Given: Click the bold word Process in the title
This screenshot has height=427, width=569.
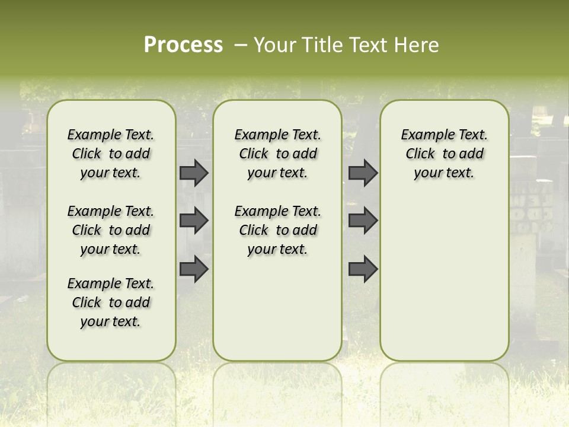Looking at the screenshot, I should (x=183, y=45).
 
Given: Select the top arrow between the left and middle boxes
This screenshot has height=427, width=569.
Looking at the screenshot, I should (x=194, y=173).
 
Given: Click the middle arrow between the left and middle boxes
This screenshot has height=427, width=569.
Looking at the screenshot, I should (x=194, y=221).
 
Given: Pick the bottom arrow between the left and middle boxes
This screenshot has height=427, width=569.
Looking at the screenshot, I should (x=194, y=269).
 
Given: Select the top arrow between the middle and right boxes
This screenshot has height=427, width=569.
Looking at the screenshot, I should (x=363, y=173).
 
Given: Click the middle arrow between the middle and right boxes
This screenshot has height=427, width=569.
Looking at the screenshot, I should (x=363, y=221).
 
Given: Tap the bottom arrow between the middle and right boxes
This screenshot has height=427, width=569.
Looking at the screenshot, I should (x=363, y=269).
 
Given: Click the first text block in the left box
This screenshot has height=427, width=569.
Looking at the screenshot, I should (x=111, y=154).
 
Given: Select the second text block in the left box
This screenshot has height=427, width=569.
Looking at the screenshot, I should (x=111, y=230).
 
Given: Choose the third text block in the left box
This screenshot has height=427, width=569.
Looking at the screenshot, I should (x=111, y=302).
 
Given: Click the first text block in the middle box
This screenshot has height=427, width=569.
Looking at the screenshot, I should (x=277, y=154).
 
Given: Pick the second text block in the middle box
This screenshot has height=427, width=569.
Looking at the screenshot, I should (x=277, y=230).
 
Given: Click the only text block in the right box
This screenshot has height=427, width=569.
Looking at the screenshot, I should (x=444, y=154).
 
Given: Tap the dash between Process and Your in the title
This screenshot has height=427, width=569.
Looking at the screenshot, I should (x=241, y=45).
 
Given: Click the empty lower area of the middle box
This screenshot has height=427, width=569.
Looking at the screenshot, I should (x=277, y=308).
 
